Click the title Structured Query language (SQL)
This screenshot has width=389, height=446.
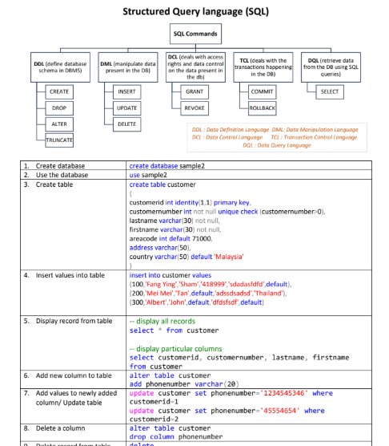(194, 12)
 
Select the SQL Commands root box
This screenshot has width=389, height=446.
(194, 34)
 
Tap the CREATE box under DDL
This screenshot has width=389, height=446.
(60, 92)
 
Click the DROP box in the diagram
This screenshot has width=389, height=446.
(60, 108)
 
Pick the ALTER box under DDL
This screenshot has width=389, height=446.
(60, 124)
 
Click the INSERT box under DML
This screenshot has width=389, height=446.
(126, 92)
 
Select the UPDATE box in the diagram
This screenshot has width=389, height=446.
(126, 108)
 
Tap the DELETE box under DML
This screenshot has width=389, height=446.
(126, 124)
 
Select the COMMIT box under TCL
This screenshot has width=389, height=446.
(262, 92)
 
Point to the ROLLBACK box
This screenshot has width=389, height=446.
(262, 108)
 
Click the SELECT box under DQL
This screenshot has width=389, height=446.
(329, 92)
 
